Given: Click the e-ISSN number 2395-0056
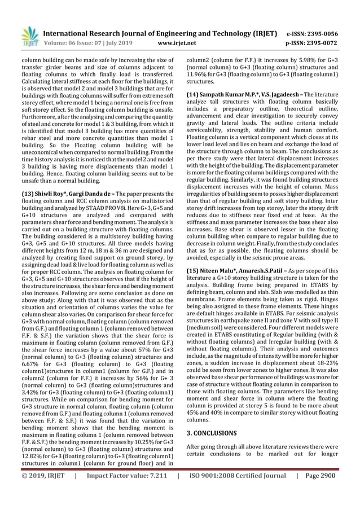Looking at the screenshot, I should coord(325,33).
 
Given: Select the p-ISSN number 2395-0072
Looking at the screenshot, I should coord(325,42).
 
